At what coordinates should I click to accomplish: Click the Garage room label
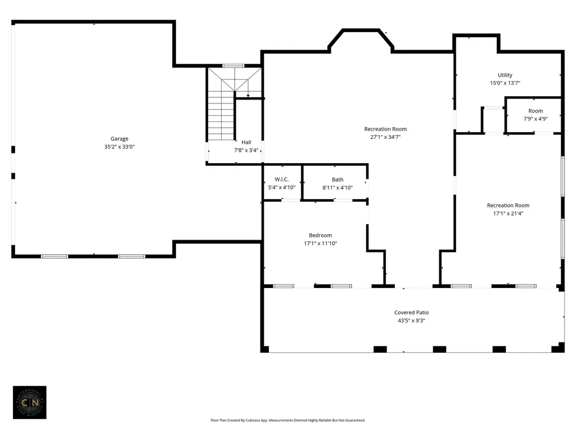[x=119, y=138]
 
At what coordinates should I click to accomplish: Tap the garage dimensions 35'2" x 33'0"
[x=119, y=147]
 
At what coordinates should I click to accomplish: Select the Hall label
[x=246, y=142]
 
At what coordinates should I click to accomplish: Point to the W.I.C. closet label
[x=282, y=179]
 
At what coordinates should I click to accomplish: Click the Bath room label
[x=337, y=179]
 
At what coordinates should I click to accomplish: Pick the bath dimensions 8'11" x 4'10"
[x=337, y=187]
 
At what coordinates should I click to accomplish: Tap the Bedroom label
[x=320, y=235]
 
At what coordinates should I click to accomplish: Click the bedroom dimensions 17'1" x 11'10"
[x=320, y=243]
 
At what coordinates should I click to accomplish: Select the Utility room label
[x=505, y=75]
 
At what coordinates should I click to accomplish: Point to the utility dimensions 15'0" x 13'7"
[x=505, y=83]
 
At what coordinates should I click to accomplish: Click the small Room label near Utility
[x=535, y=111]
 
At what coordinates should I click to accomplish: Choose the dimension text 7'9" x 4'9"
[x=535, y=119]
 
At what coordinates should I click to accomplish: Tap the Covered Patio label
[x=411, y=312]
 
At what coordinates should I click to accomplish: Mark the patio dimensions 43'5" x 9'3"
[x=411, y=320]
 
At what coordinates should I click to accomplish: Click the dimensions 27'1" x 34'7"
[x=385, y=137]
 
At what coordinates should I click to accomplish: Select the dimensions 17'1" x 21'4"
[x=508, y=213]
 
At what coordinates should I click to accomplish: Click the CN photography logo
[x=30, y=402]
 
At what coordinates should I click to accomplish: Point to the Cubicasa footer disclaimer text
[x=288, y=420]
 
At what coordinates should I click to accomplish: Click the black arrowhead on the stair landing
[x=248, y=96]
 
